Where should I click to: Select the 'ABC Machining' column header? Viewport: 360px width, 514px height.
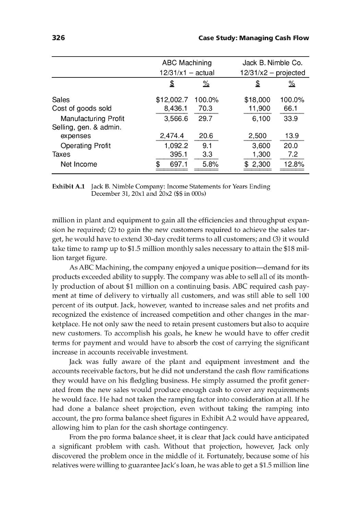[x=187, y=63]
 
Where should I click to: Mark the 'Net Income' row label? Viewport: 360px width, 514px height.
[x=79, y=164]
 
